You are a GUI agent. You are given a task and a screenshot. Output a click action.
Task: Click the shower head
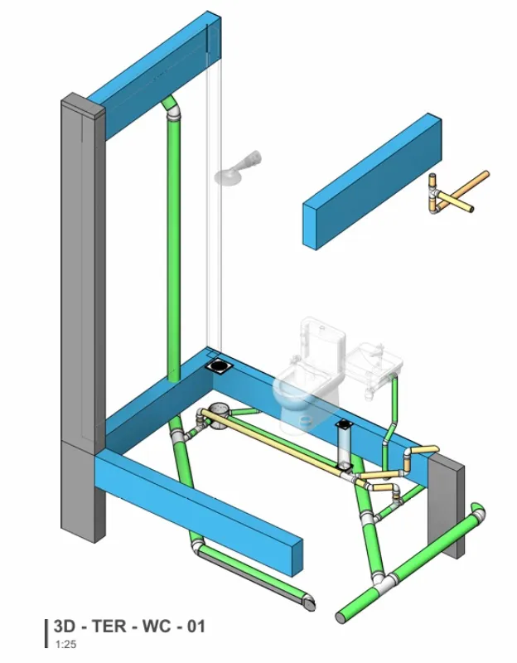(x=237, y=169)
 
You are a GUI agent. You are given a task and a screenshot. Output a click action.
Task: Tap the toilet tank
(x=322, y=341)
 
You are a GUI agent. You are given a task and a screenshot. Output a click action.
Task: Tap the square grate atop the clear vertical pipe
(x=345, y=424)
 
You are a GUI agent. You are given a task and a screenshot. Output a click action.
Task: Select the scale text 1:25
(x=65, y=645)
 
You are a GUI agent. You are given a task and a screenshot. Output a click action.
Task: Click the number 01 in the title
(x=196, y=627)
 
